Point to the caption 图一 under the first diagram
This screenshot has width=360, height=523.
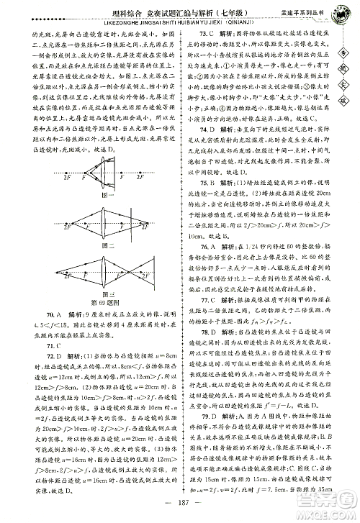tap(109, 194)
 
